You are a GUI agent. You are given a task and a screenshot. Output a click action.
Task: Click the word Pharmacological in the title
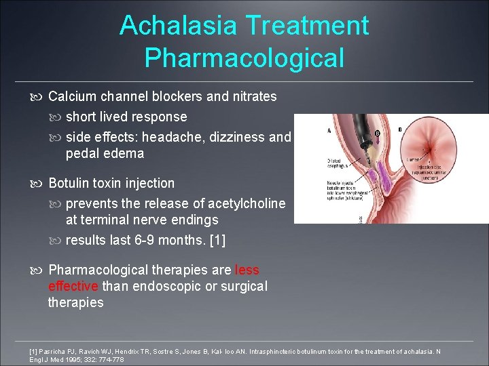(x=244, y=58)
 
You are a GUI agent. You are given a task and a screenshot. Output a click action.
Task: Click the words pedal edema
(x=105, y=153)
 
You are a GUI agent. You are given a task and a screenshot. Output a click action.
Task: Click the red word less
(x=247, y=270)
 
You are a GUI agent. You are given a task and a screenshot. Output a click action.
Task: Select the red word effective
(x=73, y=286)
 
